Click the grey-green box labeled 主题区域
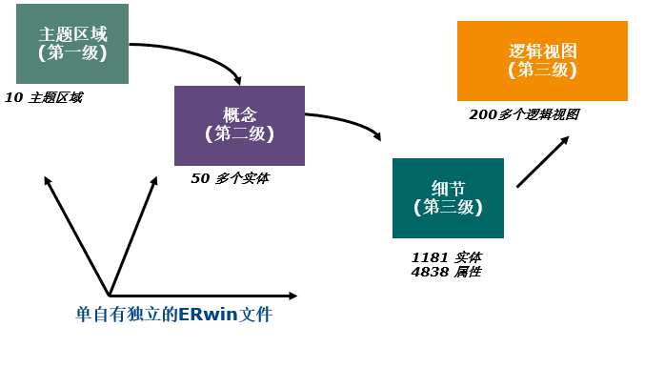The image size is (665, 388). [72, 44]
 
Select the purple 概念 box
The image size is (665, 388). [239, 125]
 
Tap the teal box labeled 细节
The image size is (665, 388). [448, 197]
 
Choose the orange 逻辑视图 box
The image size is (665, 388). [542, 60]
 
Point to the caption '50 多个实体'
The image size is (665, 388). [231, 178]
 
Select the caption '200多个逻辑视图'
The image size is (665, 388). [524, 114]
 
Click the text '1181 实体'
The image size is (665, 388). [446, 257]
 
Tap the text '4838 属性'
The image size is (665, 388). [446, 272]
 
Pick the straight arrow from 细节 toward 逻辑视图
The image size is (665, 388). [542, 161]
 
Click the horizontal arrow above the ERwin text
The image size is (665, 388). [200, 296]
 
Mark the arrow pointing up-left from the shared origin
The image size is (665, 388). [76, 235]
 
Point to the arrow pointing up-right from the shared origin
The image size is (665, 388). [133, 235]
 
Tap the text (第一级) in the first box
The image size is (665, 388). [72, 54]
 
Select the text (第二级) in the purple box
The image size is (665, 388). [239, 134]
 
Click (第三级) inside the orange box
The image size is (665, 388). [542, 71]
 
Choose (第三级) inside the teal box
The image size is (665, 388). [448, 208]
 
